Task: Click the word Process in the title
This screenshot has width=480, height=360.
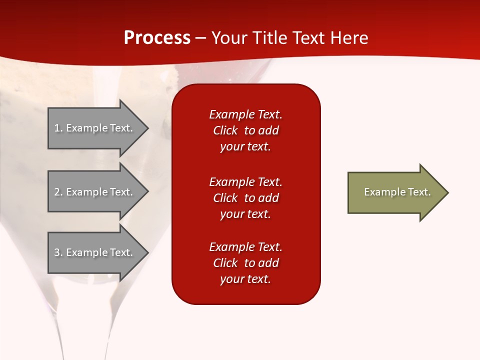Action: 157,38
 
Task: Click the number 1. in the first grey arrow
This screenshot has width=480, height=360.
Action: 58,128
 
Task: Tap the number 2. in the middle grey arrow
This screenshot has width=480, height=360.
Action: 58,192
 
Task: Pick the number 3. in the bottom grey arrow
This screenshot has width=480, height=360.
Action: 58,252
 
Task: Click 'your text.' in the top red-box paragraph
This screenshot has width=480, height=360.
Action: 245,147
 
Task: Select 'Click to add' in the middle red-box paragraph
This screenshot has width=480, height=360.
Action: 245,198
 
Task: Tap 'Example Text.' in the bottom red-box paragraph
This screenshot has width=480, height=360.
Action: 245,247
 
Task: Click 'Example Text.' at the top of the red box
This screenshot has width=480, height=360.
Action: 245,114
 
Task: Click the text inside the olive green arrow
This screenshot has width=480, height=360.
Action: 397,192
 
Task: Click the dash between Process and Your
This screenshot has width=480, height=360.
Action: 201,38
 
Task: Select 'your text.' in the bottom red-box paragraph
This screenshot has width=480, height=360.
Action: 245,279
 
